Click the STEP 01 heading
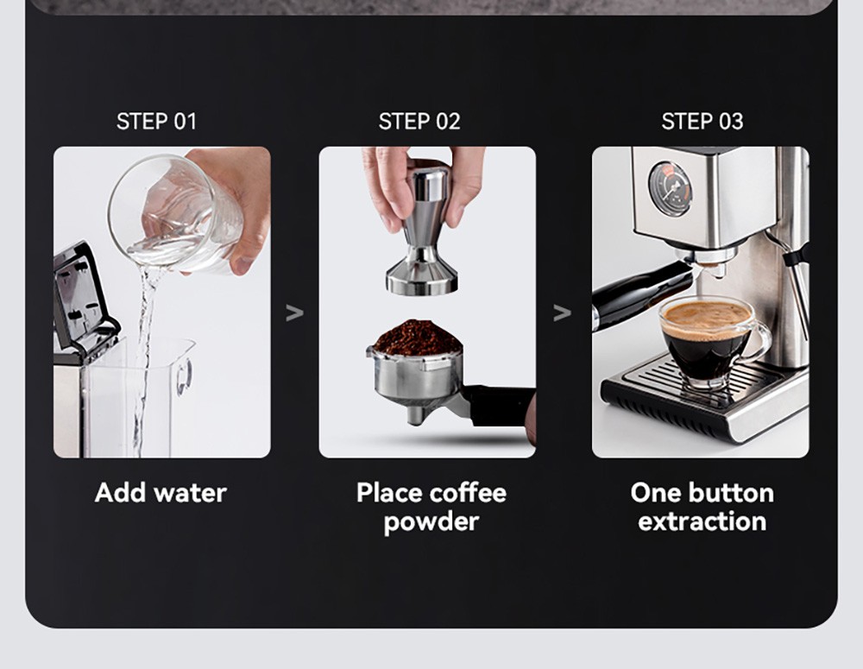tap(156, 122)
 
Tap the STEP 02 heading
tap(419, 122)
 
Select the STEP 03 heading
tap(702, 122)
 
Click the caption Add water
tap(161, 493)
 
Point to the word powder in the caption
tap(431, 522)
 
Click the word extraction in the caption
tap(702, 521)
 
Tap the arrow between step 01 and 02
tap(294, 312)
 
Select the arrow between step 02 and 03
tap(562, 312)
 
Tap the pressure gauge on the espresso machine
tap(670, 188)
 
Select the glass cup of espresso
tap(708, 341)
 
